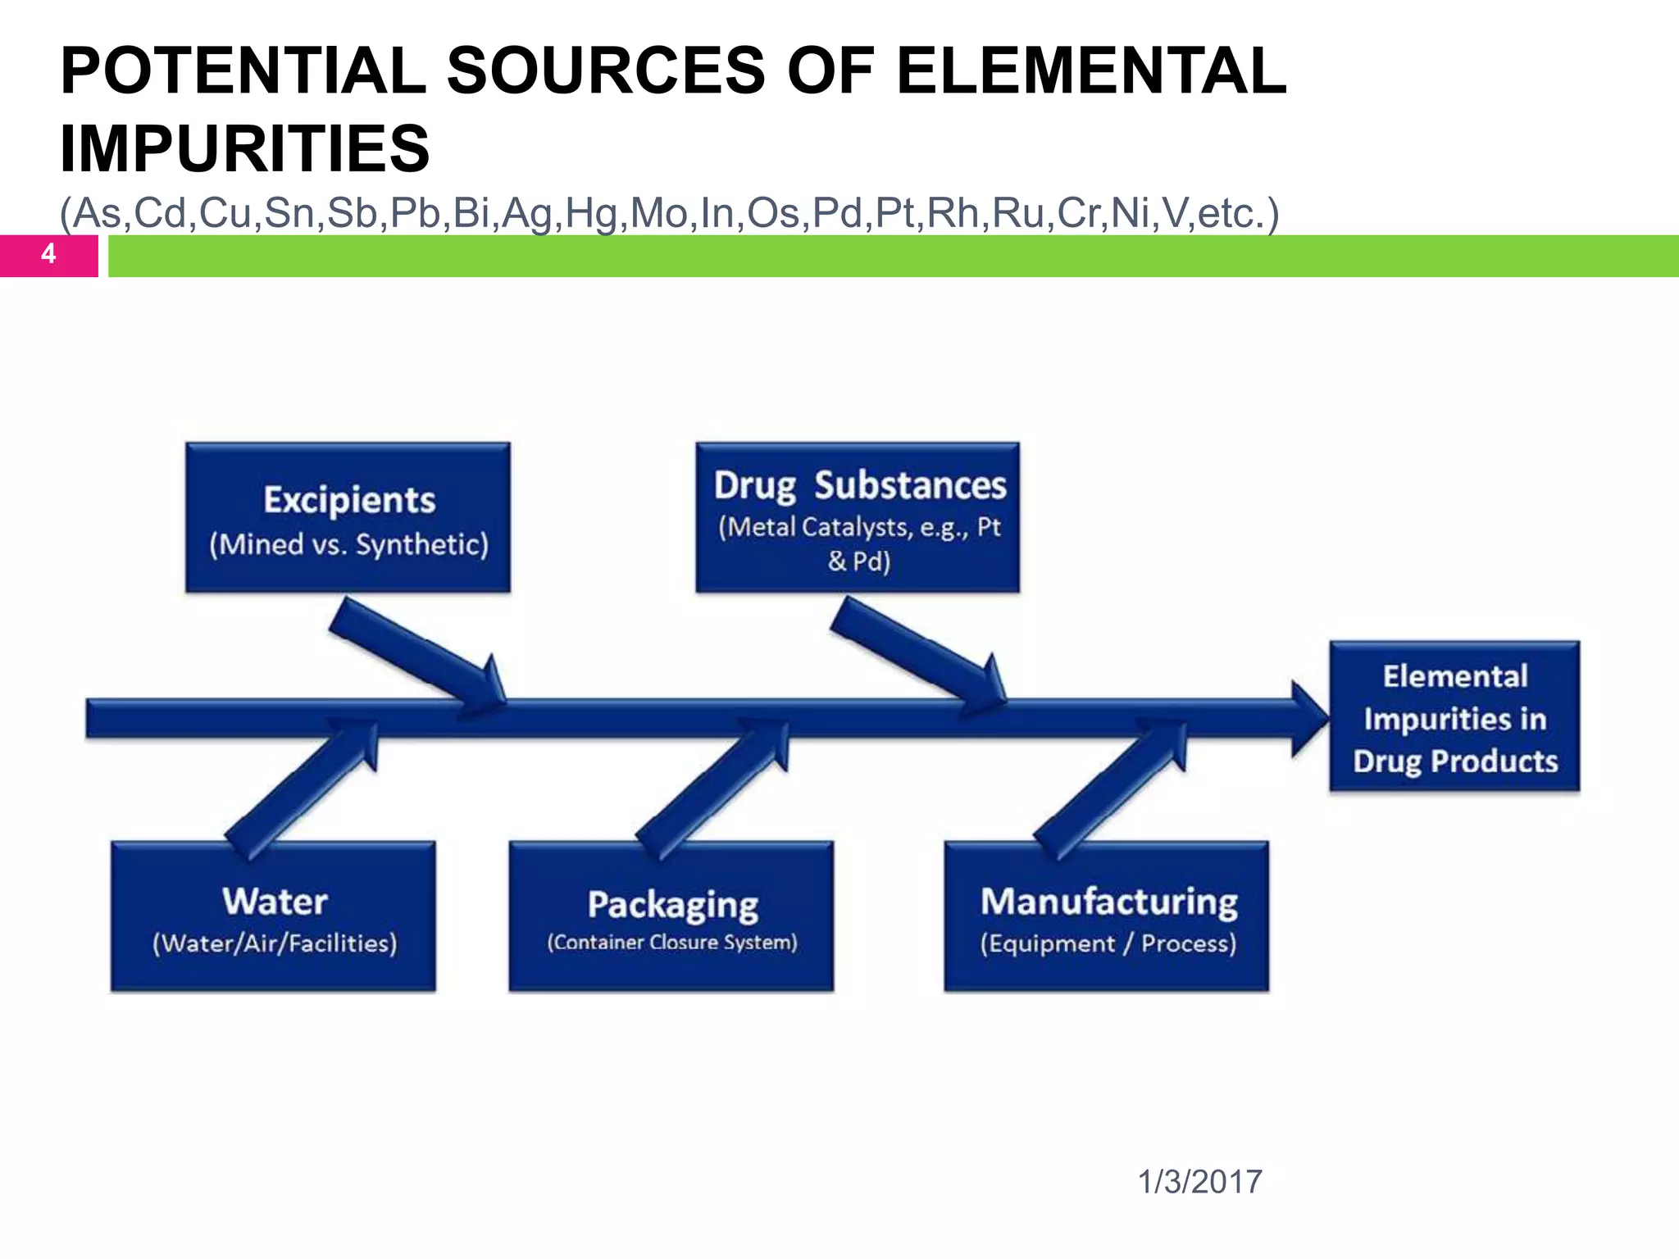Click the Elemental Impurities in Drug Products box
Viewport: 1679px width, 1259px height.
pos(1454,716)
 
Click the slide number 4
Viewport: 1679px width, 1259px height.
pos(48,254)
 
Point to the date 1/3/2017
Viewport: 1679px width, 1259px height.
pos(1199,1182)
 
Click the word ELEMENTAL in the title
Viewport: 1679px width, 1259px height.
pos(1090,70)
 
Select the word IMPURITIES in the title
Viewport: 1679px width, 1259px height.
pos(245,148)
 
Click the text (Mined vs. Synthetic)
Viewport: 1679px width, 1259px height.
pos(348,545)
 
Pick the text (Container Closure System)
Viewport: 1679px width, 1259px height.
pos(672,943)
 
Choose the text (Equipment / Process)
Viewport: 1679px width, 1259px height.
pos(1108,943)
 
